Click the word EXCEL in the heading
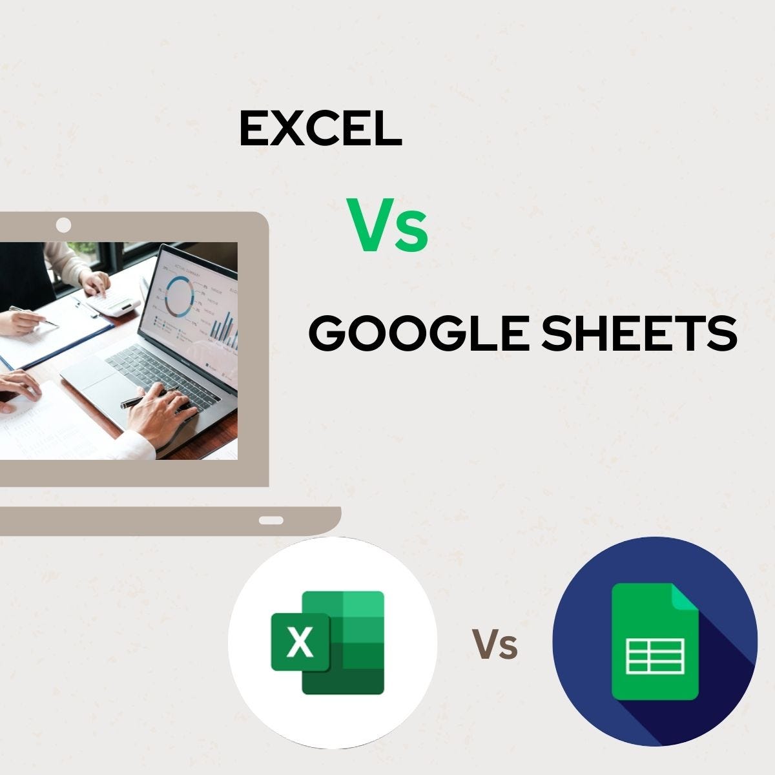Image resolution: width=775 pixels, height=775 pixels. click(320, 128)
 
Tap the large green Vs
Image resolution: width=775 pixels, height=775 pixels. click(388, 225)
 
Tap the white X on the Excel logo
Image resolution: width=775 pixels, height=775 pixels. click(300, 643)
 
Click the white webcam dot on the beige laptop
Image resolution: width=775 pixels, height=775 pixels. click(63, 225)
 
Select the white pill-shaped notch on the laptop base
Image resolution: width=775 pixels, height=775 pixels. click(271, 520)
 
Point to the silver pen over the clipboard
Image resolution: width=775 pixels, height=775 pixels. click(36, 316)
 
